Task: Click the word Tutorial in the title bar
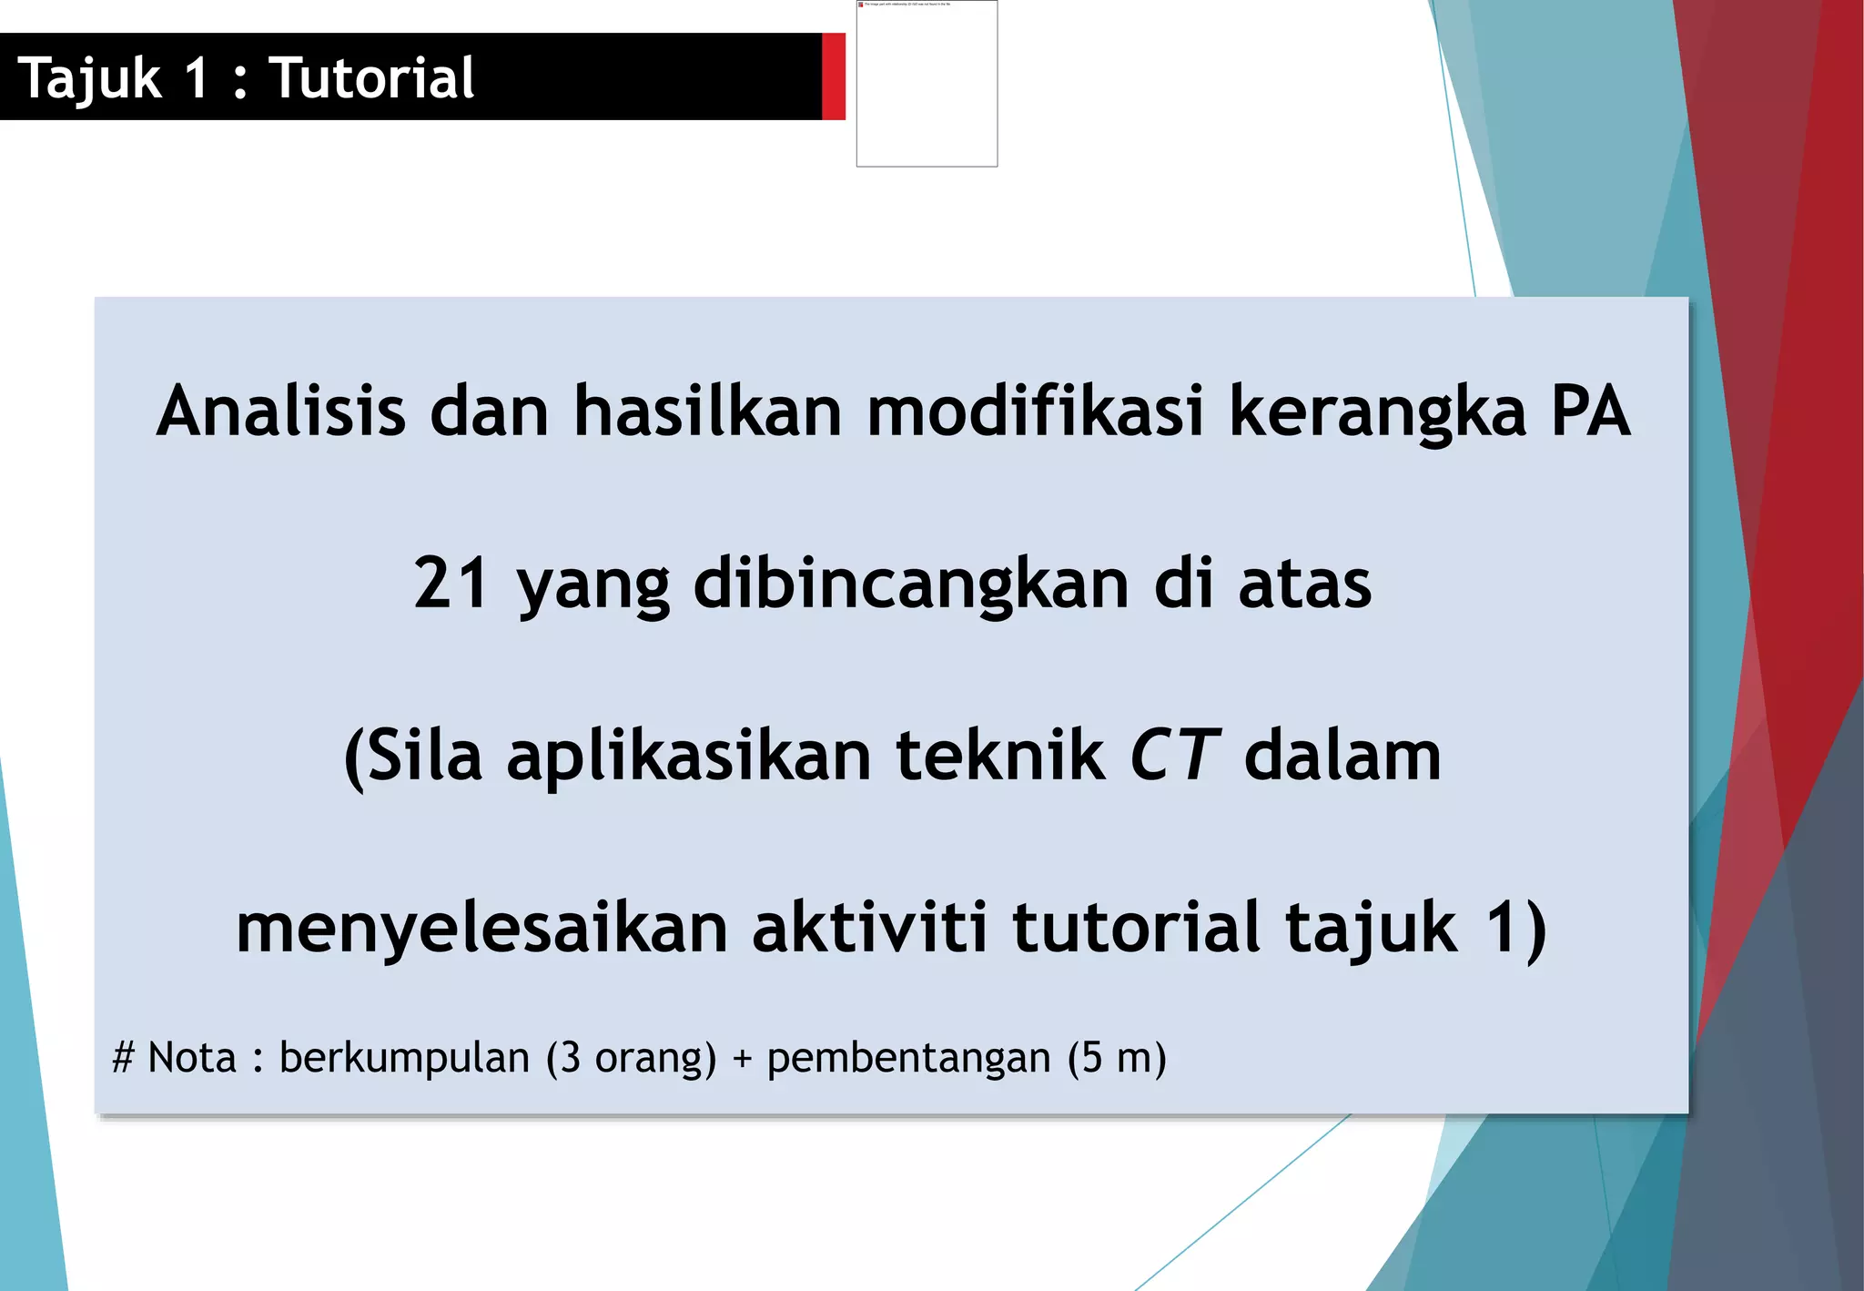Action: click(x=371, y=78)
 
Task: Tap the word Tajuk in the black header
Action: click(x=89, y=78)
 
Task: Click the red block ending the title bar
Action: click(x=833, y=76)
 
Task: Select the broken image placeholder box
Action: click(x=927, y=84)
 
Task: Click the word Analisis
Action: click(x=280, y=412)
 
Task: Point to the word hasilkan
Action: click(x=707, y=412)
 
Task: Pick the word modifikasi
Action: click(x=1035, y=412)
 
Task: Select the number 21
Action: click(x=451, y=583)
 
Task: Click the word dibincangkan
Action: click(x=911, y=585)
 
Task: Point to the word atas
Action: click(x=1304, y=585)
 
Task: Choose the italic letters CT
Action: click(x=1173, y=756)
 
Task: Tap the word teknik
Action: click(x=999, y=756)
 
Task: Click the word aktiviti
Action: click(x=869, y=927)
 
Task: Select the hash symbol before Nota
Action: click(x=124, y=1058)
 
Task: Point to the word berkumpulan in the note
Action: click(x=404, y=1058)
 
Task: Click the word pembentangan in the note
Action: click(x=908, y=1059)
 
